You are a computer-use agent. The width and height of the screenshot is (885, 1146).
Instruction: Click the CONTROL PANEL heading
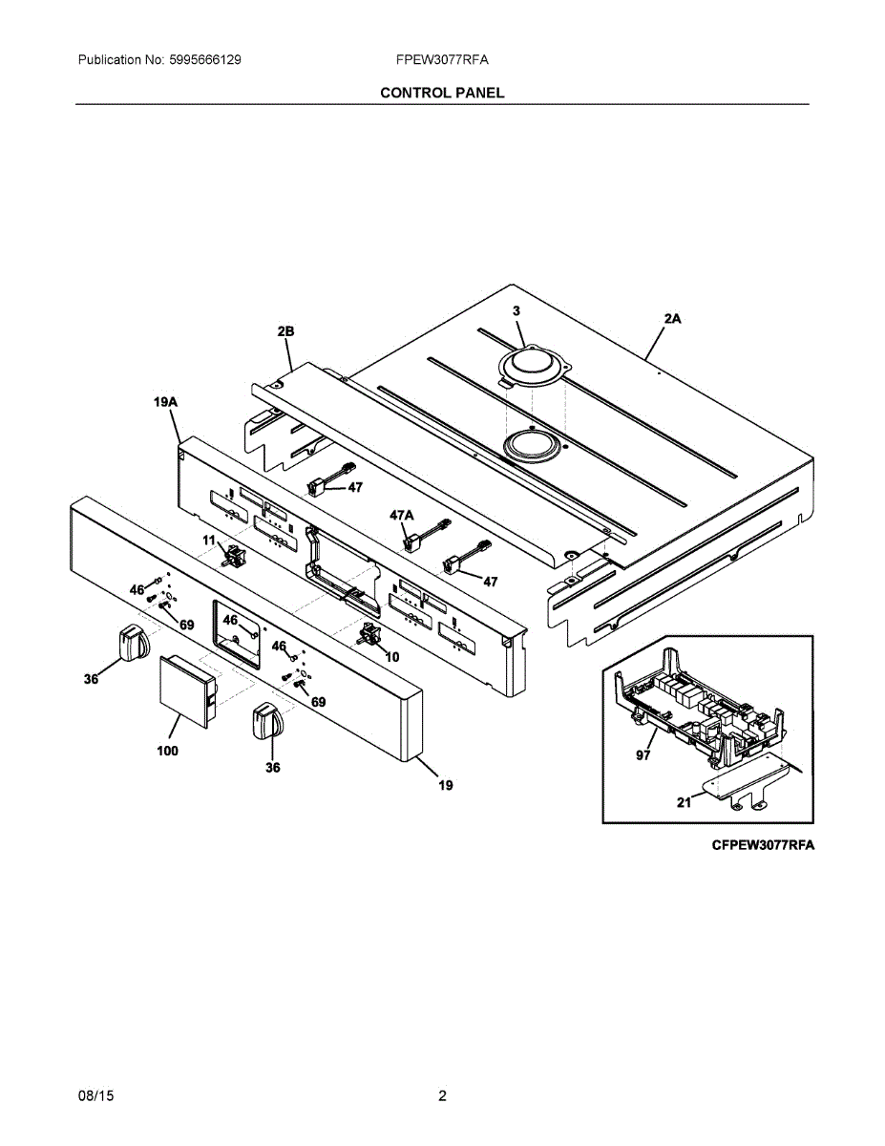[x=442, y=93]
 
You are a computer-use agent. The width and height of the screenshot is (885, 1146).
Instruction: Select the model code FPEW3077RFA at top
[x=442, y=60]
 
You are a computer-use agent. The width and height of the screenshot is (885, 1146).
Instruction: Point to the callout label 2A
[x=672, y=319]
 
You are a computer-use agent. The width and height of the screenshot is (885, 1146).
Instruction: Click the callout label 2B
[x=285, y=331]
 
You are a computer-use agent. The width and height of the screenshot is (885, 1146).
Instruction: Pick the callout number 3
[x=516, y=311]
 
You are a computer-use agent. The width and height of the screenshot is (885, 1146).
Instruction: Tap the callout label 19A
[x=166, y=403]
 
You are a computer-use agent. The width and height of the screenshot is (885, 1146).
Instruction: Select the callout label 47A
[x=402, y=515]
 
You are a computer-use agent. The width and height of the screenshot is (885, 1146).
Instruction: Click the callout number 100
[x=167, y=751]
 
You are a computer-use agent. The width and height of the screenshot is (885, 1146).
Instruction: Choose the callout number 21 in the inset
[x=684, y=803]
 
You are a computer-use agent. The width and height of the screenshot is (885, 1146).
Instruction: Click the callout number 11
[x=208, y=541]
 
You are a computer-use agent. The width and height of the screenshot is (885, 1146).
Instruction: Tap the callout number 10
[x=391, y=657]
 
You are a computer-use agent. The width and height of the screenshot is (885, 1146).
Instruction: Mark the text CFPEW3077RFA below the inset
[x=762, y=845]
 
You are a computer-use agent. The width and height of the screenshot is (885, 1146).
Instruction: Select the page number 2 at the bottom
[x=442, y=1095]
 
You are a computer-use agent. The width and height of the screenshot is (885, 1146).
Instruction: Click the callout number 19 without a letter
[x=445, y=785]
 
